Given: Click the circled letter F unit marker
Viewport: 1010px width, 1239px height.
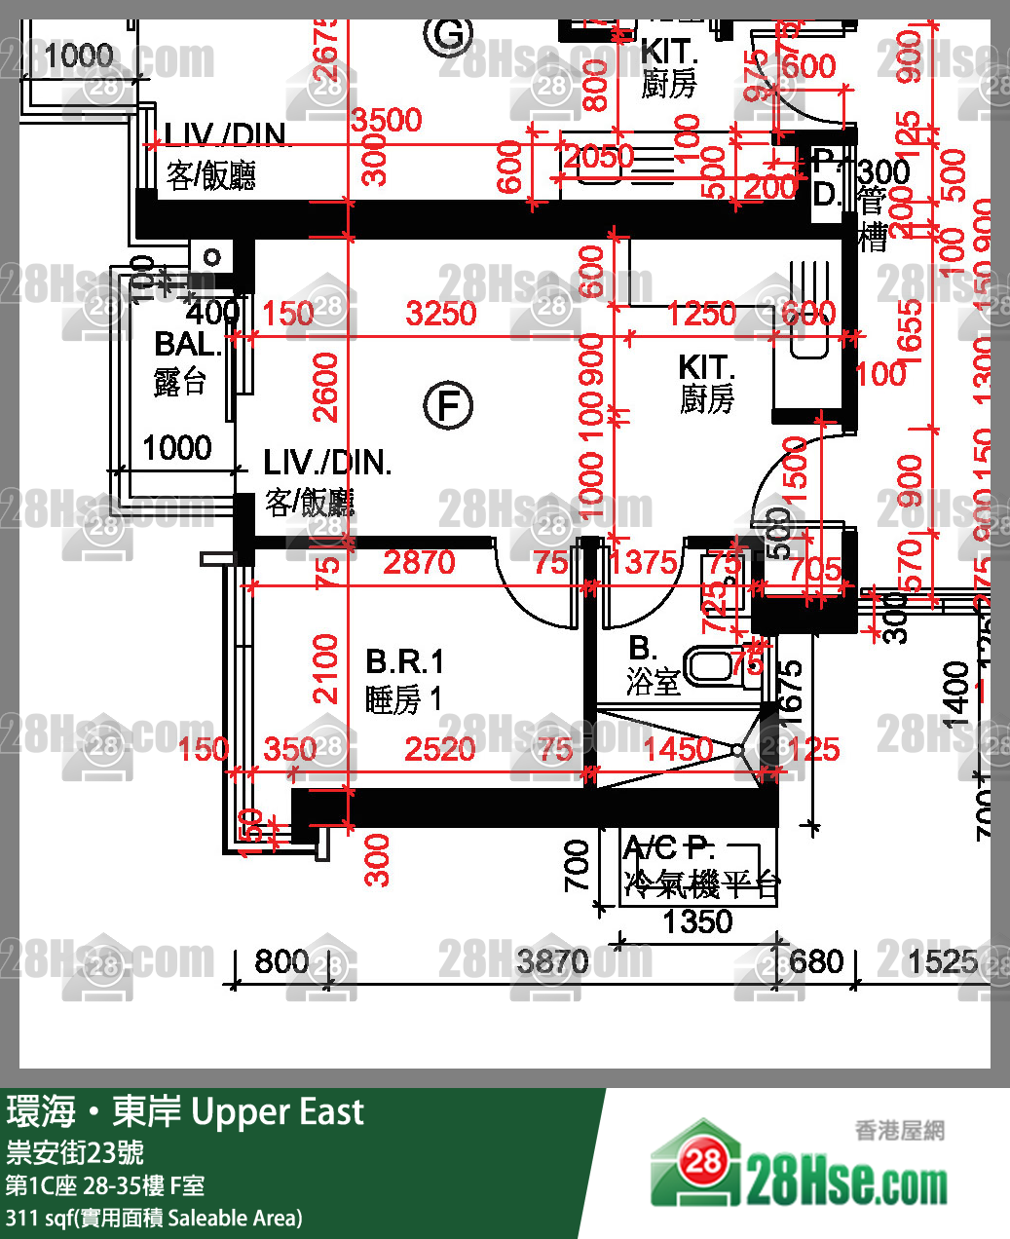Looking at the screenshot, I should (x=448, y=405).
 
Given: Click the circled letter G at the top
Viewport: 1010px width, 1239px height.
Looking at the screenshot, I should (x=448, y=34).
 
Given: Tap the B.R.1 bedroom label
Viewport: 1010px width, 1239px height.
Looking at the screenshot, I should (x=404, y=662).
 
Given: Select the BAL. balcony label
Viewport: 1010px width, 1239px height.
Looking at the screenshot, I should (x=187, y=344).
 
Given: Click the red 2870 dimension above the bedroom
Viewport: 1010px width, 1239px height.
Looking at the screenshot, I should (x=419, y=562).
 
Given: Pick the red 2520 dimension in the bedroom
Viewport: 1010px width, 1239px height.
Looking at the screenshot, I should (x=439, y=749).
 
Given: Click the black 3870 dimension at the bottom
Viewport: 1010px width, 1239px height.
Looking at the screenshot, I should (x=552, y=962).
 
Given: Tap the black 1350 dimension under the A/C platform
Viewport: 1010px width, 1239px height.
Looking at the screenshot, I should (x=697, y=921).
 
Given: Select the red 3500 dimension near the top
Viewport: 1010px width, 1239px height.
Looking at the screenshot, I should (x=387, y=121).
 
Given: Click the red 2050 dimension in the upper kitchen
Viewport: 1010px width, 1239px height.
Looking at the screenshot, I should (x=599, y=157).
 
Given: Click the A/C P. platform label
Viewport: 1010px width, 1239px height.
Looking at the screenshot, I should (x=669, y=847).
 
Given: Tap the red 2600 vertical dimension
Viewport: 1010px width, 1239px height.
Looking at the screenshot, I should (x=325, y=387).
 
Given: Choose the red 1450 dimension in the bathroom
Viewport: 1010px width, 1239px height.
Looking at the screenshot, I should (x=677, y=749).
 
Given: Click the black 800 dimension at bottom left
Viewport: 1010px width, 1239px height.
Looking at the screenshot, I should (x=281, y=962).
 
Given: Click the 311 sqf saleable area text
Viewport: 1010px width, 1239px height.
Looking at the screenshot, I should (x=154, y=1218).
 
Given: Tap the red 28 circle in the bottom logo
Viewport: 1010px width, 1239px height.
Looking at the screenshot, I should (x=703, y=1161).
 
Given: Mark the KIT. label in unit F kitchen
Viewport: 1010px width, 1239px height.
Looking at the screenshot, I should (x=706, y=368).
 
